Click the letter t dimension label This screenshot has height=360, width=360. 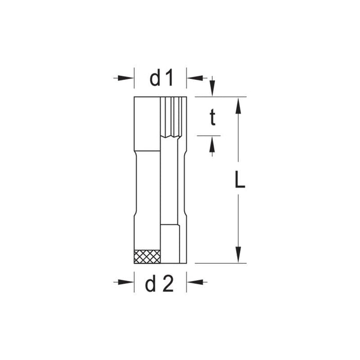point(211,118)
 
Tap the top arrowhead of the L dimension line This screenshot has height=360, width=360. point(238,105)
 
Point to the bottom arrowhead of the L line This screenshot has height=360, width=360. point(238,255)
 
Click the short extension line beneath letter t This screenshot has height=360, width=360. point(208,136)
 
